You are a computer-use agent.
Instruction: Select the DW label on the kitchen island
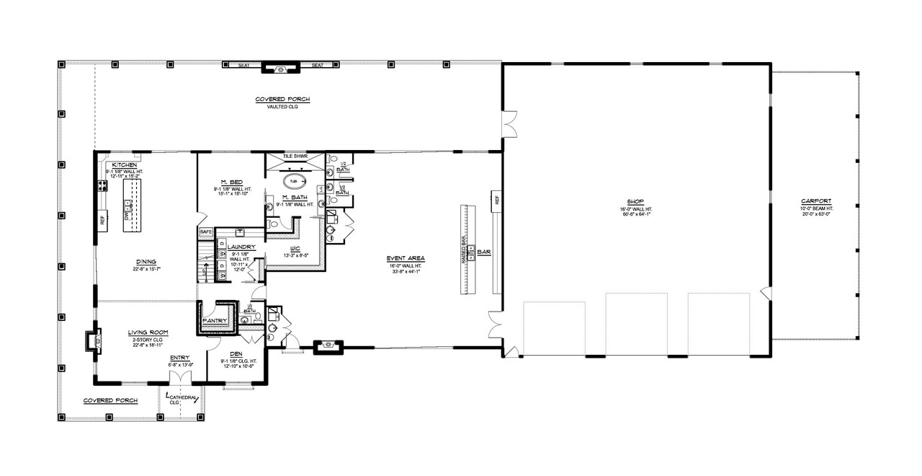pos(127,216)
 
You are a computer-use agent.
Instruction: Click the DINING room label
pos(146,263)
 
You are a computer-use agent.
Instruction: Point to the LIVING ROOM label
pos(148,332)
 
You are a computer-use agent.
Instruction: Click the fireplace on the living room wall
pos(90,340)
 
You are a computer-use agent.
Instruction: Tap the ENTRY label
pos(180,358)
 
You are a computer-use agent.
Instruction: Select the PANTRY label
pos(215,320)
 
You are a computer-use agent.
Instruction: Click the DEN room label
pos(236,353)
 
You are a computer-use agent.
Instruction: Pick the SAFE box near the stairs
pos(205,232)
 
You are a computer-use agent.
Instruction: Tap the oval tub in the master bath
pos(292,181)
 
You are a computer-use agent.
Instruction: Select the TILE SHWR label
pos(295,156)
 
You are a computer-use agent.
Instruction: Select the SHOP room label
pos(634,201)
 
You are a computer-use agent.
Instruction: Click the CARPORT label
pos(815,201)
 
